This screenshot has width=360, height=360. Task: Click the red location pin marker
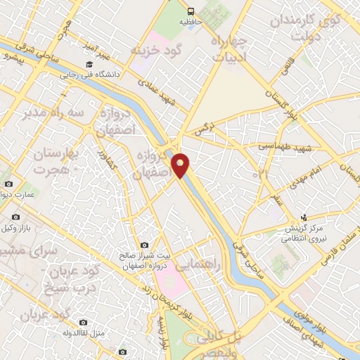pyautogui.click(x=181, y=165)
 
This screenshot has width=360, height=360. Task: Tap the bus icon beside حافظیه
pyautogui.click(x=191, y=11)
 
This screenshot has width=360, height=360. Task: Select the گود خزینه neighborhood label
pyautogui.click(x=155, y=50)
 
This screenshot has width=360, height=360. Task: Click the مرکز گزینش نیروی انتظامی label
pyautogui.click(x=304, y=233)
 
